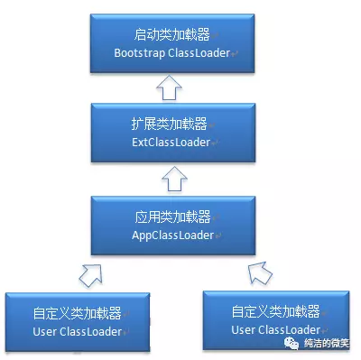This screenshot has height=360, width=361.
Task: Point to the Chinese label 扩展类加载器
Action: (168, 125)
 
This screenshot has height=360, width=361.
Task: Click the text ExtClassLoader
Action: (168, 143)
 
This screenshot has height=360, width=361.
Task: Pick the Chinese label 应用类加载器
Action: (168, 217)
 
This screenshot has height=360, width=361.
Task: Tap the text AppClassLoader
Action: (168, 235)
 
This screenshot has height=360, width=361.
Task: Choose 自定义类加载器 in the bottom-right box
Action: (275, 311)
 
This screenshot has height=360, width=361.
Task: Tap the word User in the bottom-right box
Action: (245, 329)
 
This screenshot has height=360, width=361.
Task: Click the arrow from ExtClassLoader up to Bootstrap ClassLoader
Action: (169, 87)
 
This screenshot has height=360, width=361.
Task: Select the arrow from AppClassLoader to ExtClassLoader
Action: (169, 179)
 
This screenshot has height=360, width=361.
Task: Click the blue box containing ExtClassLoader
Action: (168, 134)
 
